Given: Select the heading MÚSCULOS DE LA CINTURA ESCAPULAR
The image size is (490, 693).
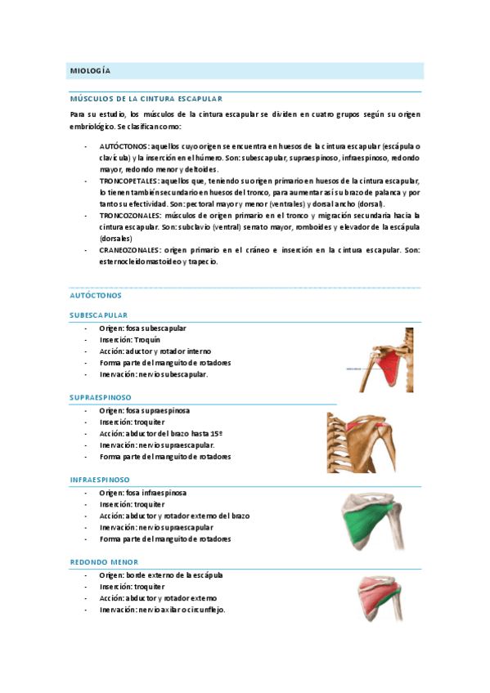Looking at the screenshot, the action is pyautogui.click(x=146, y=98).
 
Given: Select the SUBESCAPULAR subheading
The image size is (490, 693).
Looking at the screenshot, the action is pyautogui.click(x=98, y=315).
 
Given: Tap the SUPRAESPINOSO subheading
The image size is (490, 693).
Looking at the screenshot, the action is pyautogui.click(x=101, y=397).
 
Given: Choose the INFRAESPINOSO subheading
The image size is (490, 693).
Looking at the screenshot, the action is pyautogui.click(x=99, y=480).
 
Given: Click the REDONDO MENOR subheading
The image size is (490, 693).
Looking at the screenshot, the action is pyautogui.click(x=104, y=562).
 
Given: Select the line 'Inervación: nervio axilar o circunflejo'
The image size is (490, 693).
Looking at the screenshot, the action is pyautogui.click(x=162, y=610).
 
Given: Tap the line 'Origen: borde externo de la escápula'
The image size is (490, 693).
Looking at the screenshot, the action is pyautogui.click(x=161, y=575).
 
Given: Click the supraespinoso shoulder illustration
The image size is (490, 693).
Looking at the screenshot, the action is pyautogui.click(x=361, y=442).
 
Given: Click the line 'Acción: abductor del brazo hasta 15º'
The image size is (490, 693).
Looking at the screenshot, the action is pyautogui.click(x=160, y=433).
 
